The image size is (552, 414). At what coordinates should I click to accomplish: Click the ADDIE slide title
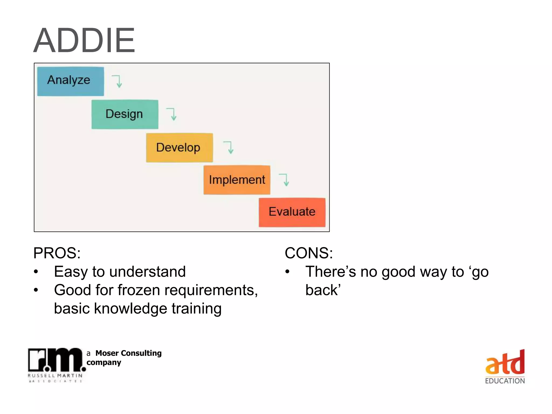(84, 40)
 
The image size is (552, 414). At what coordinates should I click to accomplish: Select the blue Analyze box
(70, 81)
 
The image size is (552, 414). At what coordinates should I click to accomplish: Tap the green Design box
(125, 114)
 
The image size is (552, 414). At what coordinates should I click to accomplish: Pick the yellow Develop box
(179, 148)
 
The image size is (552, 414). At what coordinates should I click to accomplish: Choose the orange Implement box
(237, 180)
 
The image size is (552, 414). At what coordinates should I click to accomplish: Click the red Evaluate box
(292, 212)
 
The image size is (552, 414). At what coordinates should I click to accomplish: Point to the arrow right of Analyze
(118, 81)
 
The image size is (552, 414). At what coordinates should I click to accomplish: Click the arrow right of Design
(172, 114)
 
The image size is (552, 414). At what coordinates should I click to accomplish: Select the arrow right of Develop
(229, 147)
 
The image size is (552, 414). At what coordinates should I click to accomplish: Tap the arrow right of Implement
(285, 180)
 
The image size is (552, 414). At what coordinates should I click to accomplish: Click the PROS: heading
(57, 253)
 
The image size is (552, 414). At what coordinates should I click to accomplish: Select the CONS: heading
(309, 253)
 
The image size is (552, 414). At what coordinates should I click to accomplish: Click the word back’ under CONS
(323, 290)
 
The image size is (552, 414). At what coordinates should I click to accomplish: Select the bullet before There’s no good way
(287, 272)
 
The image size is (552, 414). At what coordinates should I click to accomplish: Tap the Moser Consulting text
(128, 353)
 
